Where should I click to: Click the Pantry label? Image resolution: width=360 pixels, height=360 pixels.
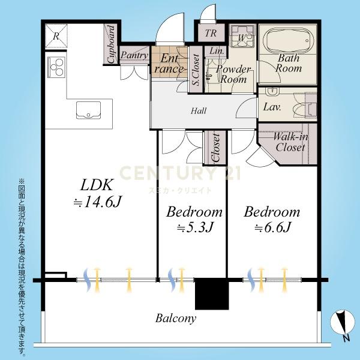tap(134, 55)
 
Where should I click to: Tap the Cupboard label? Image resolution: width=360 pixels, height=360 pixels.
tap(111, 44)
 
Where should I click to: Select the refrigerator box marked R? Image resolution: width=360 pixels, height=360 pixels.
tap(56, 36)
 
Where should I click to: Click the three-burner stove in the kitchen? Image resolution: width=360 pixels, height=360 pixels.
tap(56, 67)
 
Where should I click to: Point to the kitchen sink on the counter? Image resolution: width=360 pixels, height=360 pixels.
tap(88, 110)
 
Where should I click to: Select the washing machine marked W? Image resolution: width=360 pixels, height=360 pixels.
tap(242, 36)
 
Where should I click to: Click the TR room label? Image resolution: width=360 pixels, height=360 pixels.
tap(211, 33)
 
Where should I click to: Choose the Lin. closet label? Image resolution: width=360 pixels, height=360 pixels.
tap(217, 51)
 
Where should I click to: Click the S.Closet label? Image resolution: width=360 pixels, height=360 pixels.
tap(196, 70)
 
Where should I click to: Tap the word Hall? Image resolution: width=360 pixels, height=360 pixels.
tap(199, 111)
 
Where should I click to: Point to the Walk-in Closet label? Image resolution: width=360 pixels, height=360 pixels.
tap(290, 142)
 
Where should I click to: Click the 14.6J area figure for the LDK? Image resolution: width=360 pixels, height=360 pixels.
tap(98, 202)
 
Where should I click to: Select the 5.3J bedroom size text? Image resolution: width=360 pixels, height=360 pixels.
tap(196, 227)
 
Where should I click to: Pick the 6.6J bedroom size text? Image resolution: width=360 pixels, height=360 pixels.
tap(273, 227)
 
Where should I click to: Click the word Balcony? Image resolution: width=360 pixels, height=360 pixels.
tap(176, 319)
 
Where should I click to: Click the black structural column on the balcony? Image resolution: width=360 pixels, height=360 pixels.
tap(212, 293)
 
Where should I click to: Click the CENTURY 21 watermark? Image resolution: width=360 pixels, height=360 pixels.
tap(180, 173)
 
